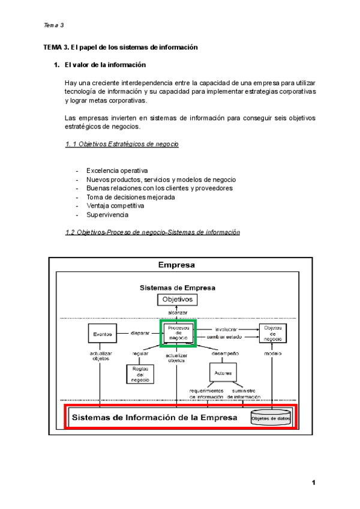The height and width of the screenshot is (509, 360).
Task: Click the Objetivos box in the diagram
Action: pos(177,299)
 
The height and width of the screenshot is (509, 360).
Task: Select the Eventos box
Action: pos(100,334)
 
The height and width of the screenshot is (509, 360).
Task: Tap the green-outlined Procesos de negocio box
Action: pos(178,334)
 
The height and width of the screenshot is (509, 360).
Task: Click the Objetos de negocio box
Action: pos(272,334)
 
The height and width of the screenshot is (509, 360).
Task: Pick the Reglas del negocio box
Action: pos(139,373)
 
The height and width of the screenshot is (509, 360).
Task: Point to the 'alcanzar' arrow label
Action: pos(178,313)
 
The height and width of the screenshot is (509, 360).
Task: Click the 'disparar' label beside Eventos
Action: pos(139,333)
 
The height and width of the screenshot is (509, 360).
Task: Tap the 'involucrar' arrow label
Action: pos(226,329)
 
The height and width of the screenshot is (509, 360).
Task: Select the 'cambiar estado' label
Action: pos(226,337)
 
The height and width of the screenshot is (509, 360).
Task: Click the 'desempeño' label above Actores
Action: pos(225,354)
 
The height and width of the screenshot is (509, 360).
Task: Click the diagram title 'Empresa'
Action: pos(176,265)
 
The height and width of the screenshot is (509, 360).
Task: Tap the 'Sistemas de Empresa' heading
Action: pos(178,288)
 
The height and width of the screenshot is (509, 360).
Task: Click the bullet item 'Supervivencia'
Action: pos(107,214)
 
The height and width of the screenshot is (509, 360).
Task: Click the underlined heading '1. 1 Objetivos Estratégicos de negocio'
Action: pos(121,145)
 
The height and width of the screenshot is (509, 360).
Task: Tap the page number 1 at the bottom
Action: pos(313,483)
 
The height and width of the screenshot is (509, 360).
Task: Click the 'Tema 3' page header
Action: pos(54,26)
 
